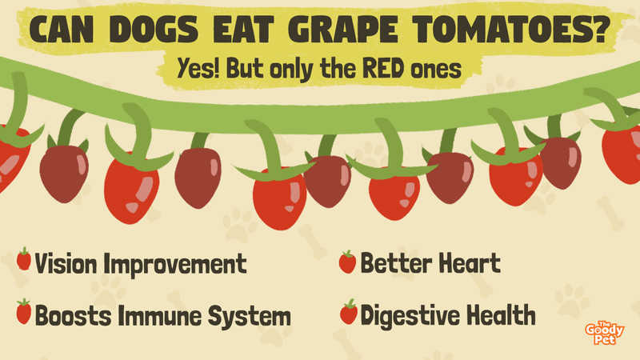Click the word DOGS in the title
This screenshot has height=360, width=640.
click(x=154, y=30)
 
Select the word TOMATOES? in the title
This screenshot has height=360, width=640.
click(x=511, y=30)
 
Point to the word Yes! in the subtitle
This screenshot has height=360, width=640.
click(x=198, y=68)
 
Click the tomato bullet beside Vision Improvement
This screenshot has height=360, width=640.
click(x=24, y=258)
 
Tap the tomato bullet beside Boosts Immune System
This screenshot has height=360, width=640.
click(x=24, y=311)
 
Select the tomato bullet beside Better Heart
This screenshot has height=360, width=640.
click(x=347, y=262)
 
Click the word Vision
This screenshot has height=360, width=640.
click(x=66, y=263)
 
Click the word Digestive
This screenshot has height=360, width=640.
click(x=410, y=315)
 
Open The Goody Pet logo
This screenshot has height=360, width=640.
click(x=605, y=333)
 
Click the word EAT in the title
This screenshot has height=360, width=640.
click(x=244, y=30)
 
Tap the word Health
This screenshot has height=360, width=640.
click(x=501, y=314)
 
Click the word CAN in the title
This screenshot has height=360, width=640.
click(x=62, y=30)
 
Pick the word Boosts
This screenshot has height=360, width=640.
click(x=73, y=315)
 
